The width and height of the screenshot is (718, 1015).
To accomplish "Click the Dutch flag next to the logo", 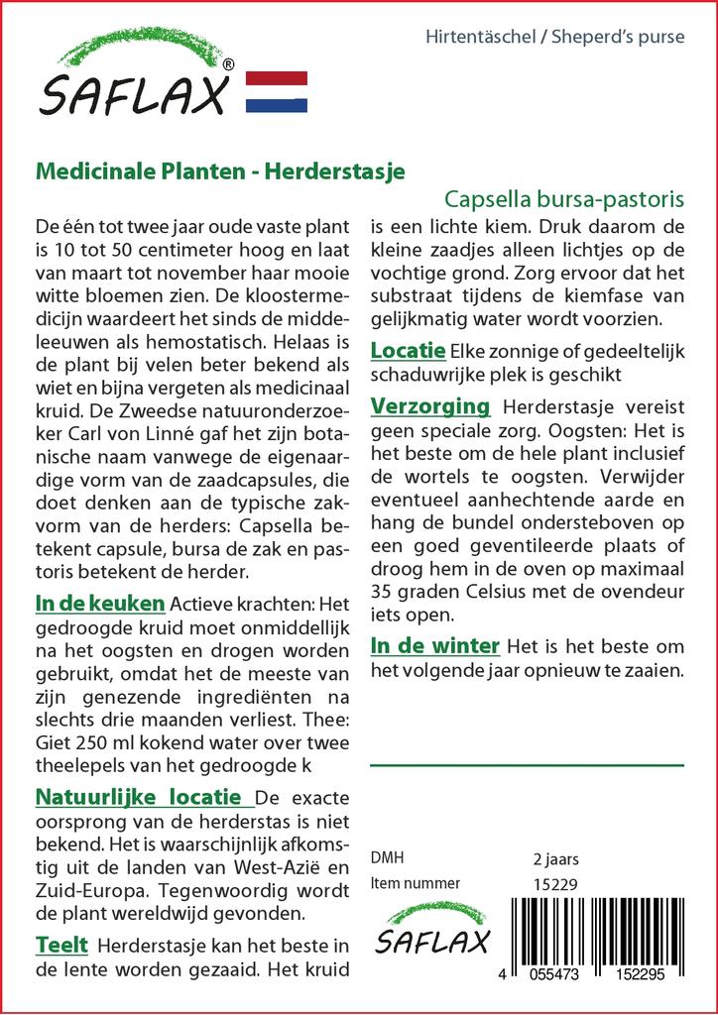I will (276, 91).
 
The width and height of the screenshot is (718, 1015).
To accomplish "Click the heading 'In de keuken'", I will (100, 603).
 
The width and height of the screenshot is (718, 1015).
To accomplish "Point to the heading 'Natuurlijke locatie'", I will (138, 796).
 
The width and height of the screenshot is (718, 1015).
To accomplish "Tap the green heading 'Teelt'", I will (61, 945).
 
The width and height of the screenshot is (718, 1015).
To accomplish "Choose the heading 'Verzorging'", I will (430, 405).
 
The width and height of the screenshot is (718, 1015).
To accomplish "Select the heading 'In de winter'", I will (434, 646).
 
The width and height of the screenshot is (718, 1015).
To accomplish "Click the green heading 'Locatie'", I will (407, 351).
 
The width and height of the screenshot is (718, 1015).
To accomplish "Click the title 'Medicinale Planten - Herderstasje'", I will (220, 169).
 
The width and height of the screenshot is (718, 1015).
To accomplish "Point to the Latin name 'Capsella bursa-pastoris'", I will (564, 197).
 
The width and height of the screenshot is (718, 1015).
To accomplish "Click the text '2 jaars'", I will (555, 858).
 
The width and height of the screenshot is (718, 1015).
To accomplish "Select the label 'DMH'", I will (387, 858).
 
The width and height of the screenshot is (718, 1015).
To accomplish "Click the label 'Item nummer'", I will (415, 883).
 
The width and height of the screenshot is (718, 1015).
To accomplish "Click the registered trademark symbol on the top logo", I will (229, 64).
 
